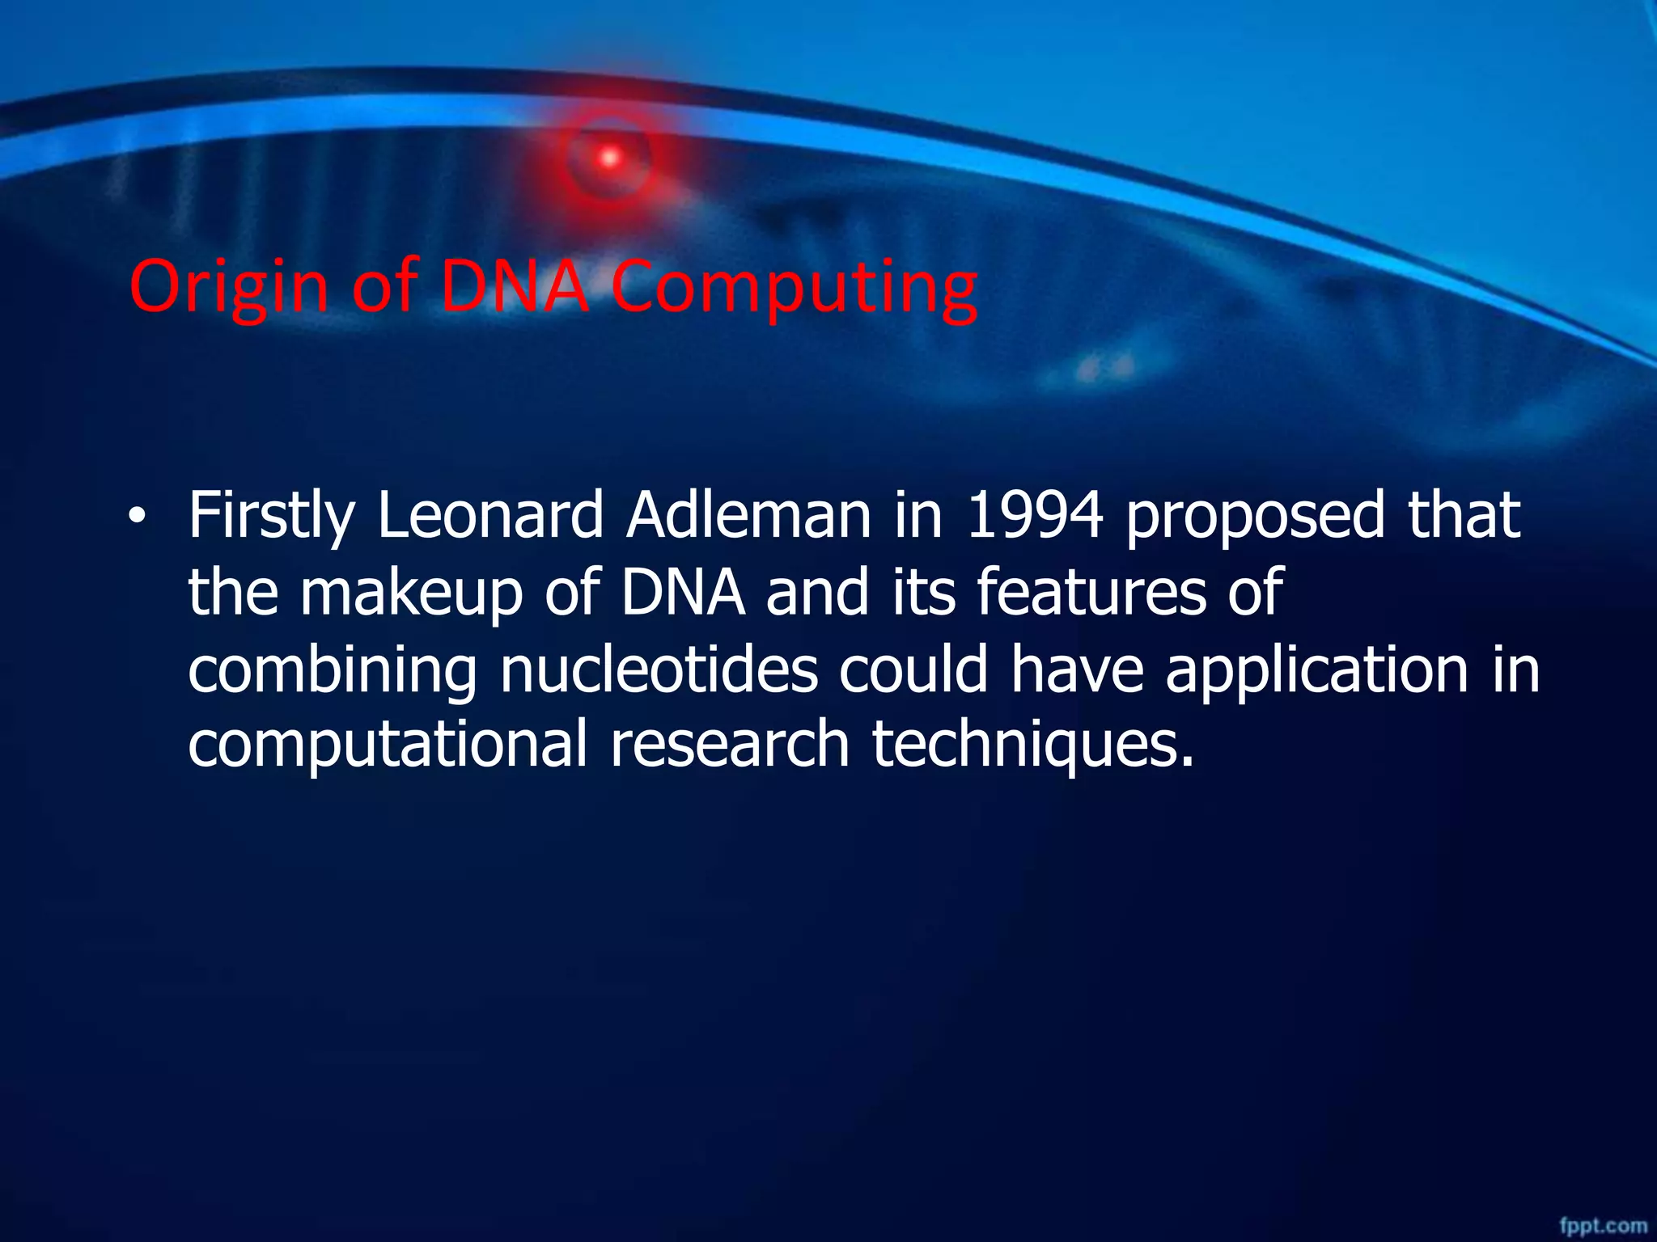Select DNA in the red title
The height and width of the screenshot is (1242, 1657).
pos(515,287)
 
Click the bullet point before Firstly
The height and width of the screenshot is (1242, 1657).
pos(138,517)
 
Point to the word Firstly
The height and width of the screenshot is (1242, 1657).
pos(272,517)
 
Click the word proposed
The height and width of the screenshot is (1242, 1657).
pos(1255,517)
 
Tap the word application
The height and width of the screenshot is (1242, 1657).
pos(1316,671)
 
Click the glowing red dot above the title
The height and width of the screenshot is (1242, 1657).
pos(609,158)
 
